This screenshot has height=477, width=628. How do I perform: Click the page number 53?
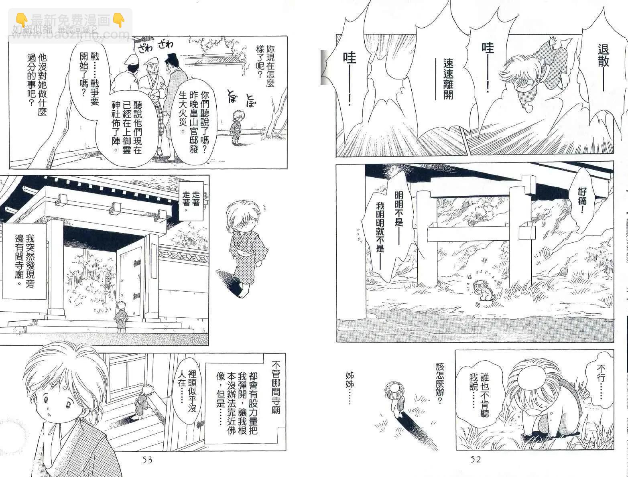click(147, 460)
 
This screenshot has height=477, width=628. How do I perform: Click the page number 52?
click(476, 459)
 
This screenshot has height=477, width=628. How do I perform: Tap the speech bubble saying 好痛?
click(582, 200)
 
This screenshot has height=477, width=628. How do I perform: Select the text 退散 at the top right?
click(603, 56)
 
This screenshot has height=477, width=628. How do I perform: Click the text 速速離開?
click(448, 79)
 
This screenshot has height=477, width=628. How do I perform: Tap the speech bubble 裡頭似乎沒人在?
click(187, 390)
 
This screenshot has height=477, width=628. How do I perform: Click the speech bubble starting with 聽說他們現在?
click(127, 127)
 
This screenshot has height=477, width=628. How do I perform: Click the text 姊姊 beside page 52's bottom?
click(350, 388)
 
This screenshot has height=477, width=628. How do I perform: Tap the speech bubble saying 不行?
click(600, 381)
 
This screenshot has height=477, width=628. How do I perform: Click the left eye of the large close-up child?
click(68, 405)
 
